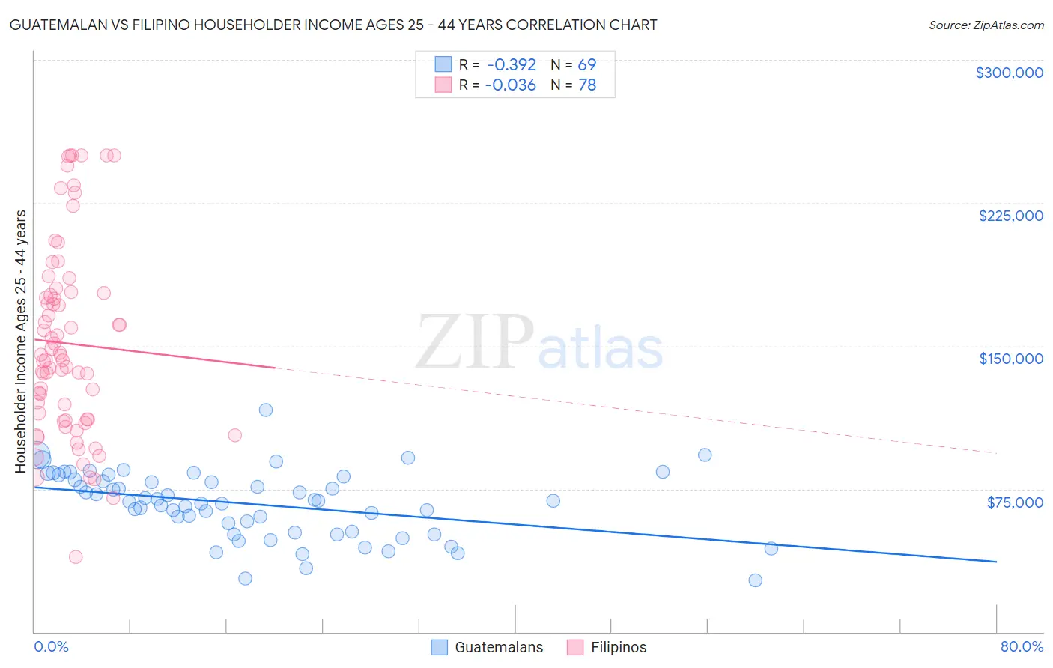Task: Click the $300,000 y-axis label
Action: point(1009,73)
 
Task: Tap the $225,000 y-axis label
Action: point(1010,216)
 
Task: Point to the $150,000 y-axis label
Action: point(1010,359)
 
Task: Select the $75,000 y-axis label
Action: point(1015,502)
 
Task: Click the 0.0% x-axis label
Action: point(51,646)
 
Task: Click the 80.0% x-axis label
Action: point(1022,646)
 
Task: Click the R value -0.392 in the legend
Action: point(511,64)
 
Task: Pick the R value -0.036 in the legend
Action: point(511,85)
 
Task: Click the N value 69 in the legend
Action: point(587,64)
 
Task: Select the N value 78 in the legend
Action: point(587,85)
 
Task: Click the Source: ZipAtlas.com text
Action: point(986,25)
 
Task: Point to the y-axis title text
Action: point(20,341)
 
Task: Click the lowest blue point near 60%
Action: point(755,580)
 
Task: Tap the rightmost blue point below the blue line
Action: point(771,548)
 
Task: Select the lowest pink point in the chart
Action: point(76,556)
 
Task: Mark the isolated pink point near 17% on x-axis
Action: point(234,435)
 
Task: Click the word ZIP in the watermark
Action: point(474,343)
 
